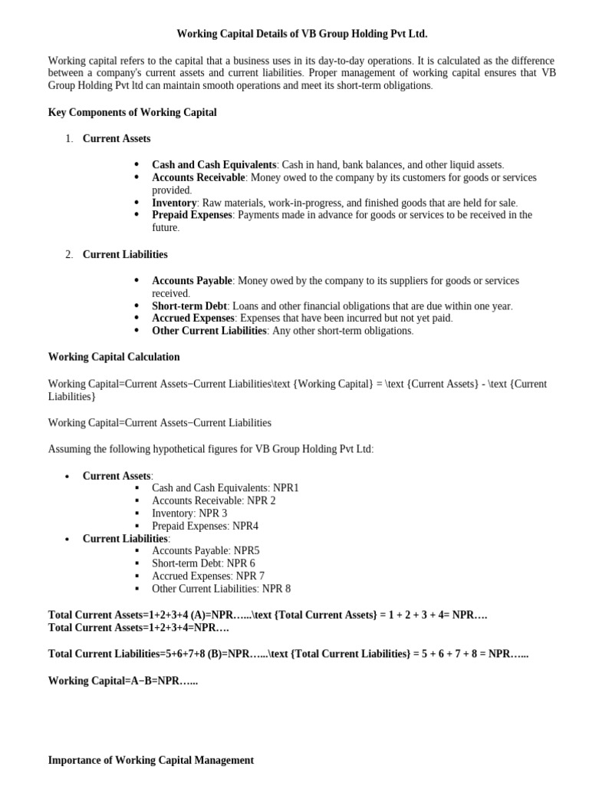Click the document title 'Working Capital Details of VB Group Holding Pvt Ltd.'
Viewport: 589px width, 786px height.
pyautogui.click(x=301, y=34)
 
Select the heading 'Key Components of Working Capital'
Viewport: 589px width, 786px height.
pyautogui.click(x=133, y=113)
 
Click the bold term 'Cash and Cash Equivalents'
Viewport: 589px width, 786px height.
pyautogui.click(x=214, y=165)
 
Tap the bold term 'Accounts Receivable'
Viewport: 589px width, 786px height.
pyautogui.click(x=199, y=177)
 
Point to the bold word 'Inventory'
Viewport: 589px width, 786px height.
pyautogui.click(x=174, y=203)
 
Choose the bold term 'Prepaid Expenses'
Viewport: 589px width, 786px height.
pyautogui.click(x=192, y=215)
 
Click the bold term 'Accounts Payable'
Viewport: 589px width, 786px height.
pyautogui.click(x=192, y=281)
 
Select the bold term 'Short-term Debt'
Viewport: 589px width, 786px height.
pyautogui.click(x=189, y=305)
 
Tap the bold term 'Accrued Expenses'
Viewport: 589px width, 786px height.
pyautogui.click(x=193, y=318)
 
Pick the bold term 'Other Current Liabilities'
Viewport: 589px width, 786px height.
pyautogui.click(x=209, y=331)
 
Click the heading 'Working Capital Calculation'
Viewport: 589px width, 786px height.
pyautogui.click(x=114, y=357)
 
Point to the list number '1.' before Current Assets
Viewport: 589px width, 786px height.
pyautogui.click(x=69, y=139)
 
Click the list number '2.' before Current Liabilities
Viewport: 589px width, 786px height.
pyautogui.click(x=69, y=255)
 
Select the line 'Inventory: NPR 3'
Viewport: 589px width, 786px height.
pyautogui.click(x=189, y=514)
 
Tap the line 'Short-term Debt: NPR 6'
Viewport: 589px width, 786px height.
pyautogui.click(x=203, y=563)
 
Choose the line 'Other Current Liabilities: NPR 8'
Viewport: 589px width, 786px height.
pyautogui.click(x=221, y=589)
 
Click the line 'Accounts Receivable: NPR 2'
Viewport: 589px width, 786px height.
pyautogui.click(x=213, y=500)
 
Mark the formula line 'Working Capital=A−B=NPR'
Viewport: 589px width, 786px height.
pyautogui.click(x=123, y=681)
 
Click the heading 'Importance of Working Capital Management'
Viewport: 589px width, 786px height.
pyautogui.click(x=150, y=761)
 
